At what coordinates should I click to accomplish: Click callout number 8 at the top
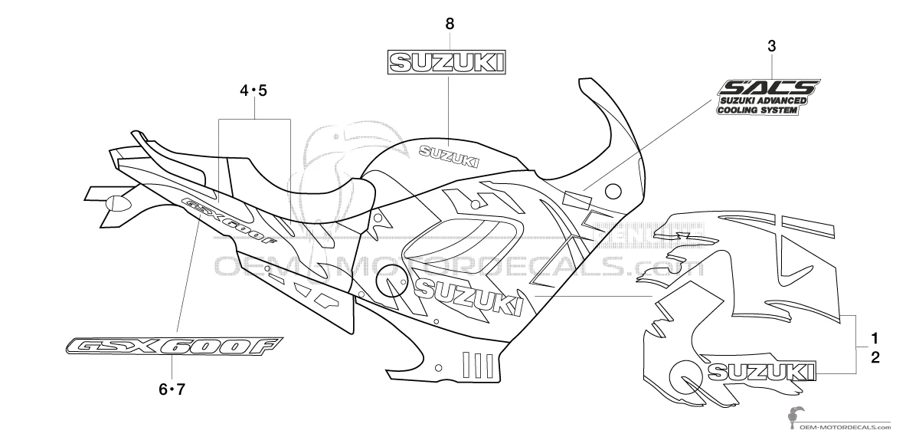click(x=450, y=24)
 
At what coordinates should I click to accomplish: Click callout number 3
click(x=772, y=46)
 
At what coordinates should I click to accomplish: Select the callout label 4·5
click(x=253, y=91)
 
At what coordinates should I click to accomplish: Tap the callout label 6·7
click(x=172, y=389)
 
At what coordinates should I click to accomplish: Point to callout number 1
click(x=875, y=337)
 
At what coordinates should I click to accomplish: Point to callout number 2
click(x=875, y=356)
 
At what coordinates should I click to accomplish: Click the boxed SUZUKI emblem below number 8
click(x=449, y=62)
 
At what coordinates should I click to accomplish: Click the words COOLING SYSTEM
click(x=757, y=110)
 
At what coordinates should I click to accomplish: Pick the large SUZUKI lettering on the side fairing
click(x=469, y=296)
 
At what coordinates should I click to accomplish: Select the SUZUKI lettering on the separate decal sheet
click(x=761, y=372)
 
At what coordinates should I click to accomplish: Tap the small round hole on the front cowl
click(x=613, y=190)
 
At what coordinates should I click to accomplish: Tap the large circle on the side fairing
click(x=393, y=281)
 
